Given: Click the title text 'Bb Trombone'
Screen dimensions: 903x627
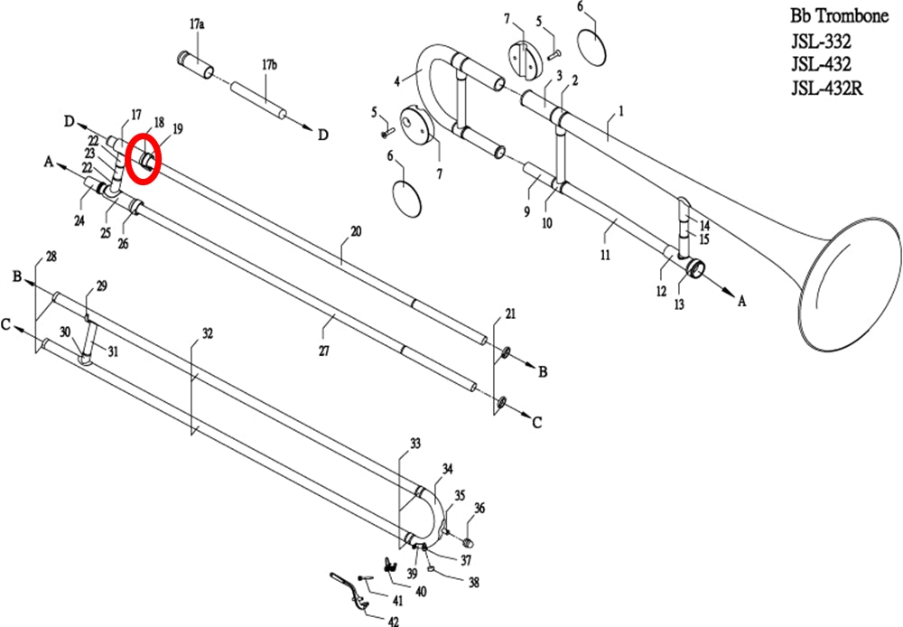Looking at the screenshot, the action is (839, 16).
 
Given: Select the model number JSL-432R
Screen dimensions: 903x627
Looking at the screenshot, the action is (826, 88).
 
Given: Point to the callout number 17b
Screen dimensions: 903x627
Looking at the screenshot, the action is (269, 64).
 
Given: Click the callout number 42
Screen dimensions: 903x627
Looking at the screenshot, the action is (393, 621).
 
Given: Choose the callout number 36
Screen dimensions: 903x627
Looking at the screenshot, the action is (479, 508).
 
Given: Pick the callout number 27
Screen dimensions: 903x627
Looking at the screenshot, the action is (324, 351).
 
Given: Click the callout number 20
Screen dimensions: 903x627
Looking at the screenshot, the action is (356, 231).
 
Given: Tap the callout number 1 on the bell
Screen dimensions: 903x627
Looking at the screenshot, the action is (621, 110).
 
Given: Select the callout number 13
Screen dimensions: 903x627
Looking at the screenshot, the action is (680, 304).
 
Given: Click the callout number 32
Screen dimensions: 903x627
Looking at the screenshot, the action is (208, 333).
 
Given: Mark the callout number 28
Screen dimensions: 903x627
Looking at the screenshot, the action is (51, 257).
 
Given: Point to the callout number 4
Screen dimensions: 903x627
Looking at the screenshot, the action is (396, 82).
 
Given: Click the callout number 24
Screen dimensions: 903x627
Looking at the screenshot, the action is (79, 220).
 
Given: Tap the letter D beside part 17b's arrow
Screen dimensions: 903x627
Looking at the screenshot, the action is (323, 135).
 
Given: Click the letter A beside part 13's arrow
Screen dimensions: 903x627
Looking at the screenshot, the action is (741, 301).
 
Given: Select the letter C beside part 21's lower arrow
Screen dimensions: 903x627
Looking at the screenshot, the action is (536, 423).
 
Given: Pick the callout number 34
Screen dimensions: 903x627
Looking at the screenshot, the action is (448, 469).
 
